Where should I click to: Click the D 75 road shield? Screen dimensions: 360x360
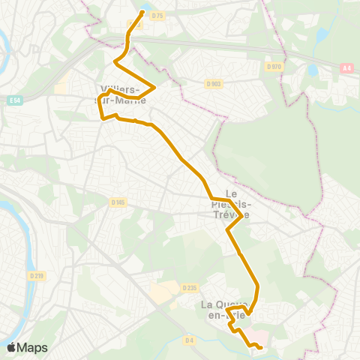pyautogui.click(x=157, y=15)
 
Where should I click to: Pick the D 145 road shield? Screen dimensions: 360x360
pyautogui.click(x=117, y=202)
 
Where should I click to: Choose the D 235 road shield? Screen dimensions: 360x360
pyautogui.click(x=189, y=286)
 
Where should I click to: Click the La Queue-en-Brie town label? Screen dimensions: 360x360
pyautogui.click(x=223, y=310)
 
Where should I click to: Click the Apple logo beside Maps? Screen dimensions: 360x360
pyautogui.click(x=11, y=347)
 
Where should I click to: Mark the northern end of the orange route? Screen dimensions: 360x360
pyautogui.click(x=142, y=12)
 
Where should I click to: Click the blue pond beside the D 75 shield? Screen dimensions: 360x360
pyautogui.click(x=143, y=9)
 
